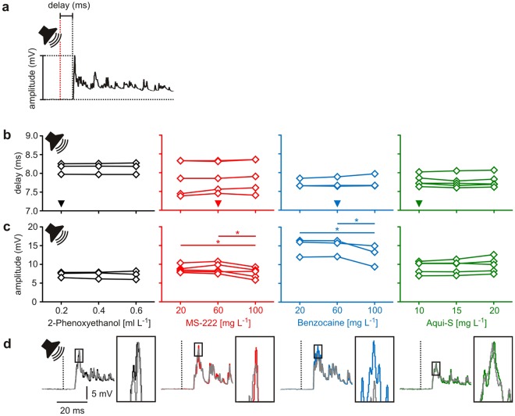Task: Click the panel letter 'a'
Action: (6, 6)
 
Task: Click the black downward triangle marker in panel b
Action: (61, 204)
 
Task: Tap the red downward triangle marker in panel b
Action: (218, 204)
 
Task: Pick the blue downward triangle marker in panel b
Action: (337, 204)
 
